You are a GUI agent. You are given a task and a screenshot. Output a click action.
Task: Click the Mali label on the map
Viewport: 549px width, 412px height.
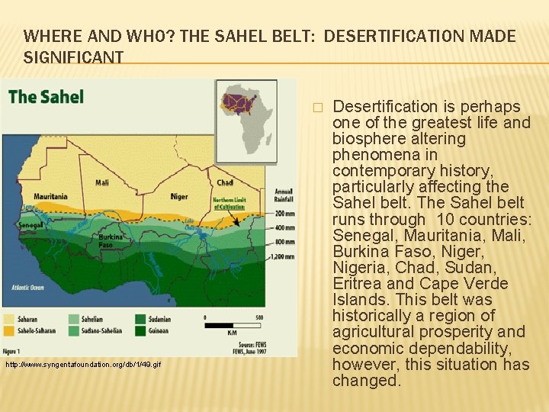click(102, 182)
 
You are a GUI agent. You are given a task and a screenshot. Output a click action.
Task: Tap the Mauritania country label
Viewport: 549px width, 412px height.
click(50, 196)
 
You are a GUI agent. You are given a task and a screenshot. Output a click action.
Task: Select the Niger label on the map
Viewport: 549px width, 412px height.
click(178, 196)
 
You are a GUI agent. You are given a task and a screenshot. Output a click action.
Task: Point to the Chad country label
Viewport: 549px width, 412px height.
click(225, 182)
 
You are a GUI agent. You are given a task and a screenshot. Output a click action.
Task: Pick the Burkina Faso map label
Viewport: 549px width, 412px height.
click(108, 240)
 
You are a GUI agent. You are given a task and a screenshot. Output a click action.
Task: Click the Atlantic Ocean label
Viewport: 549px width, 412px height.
click(26, 287)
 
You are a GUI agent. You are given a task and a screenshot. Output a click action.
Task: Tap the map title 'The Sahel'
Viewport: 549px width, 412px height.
click(46, 97)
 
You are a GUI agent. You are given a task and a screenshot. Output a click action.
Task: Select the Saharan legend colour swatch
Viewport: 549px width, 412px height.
click(10, 319)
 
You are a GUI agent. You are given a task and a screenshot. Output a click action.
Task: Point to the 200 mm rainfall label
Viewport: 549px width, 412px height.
click(284, 214)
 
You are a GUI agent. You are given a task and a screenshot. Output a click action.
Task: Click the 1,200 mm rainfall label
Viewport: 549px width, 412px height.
click(282, 257)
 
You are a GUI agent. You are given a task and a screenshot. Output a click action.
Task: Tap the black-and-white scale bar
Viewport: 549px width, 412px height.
click(232, 325)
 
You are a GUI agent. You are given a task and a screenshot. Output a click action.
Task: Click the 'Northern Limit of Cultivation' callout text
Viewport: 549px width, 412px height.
click(228, 203)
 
